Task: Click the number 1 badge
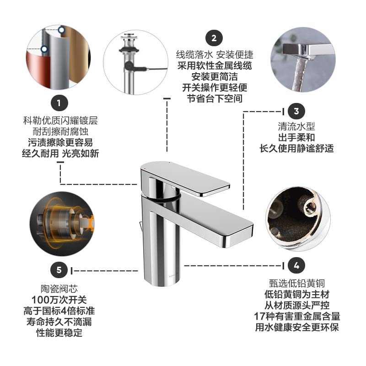click(x=59, y=102)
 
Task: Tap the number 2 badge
click(x=214, y=38)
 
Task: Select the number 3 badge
click(x=296, y=111)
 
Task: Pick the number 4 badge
click(x=296, y=265)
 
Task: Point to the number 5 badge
click(x=59, y=269)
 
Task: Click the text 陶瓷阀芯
click(x=59, y=289)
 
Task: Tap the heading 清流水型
click(x=296, y=127)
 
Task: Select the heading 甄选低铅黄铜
click(x=297, y=283)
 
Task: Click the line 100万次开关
click(x=59, y=300)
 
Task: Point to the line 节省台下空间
click(x=215, y=98)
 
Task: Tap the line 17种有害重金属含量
click(x=297, y=316)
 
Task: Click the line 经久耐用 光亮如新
click(x=60, y=154)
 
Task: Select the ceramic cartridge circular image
click(x=62, y=224)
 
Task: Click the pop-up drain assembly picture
click(x=135, y=62)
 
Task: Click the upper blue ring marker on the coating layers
click(x=61, y=30)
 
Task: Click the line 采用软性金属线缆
click(x=215, y=65)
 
